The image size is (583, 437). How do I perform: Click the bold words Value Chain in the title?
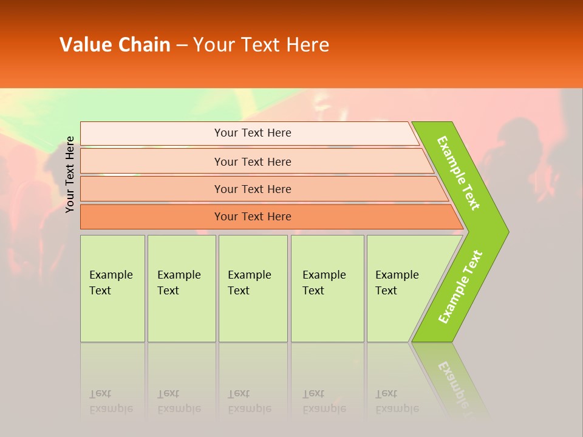115,45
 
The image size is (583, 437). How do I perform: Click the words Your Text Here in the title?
261,45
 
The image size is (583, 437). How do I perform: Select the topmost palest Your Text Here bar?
252,133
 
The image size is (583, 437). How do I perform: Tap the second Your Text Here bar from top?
252,161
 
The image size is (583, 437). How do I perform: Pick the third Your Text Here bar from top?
252,189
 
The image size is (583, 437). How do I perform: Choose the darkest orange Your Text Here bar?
252,217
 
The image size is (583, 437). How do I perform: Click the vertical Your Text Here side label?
70,174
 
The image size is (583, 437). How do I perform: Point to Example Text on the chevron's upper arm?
459,173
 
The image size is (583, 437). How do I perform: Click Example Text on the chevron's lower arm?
460,287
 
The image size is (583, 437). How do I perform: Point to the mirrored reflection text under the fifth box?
397,401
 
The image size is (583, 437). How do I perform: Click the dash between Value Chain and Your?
182,46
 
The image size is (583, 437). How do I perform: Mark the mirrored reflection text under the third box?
249,401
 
